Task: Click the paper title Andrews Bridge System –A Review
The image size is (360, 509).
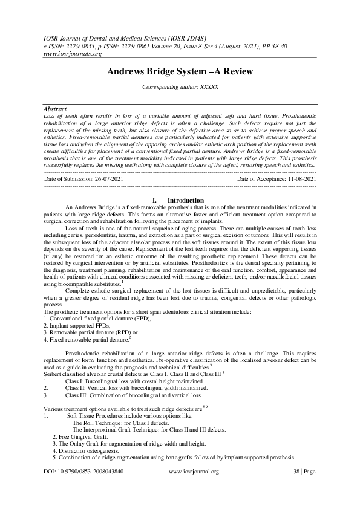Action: click(180, 71)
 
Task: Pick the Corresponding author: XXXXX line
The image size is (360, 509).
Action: click(180, 87)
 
